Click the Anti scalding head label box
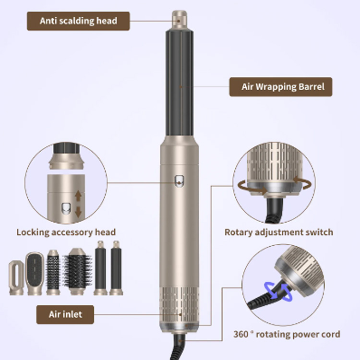coord(78,21)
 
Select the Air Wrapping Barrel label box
coord(281,87)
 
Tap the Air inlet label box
coord(65,314)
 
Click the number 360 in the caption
coord(241,334)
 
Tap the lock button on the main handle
coord(179,181)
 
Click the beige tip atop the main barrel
coord(180,20)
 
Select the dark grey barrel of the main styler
coord(180,83)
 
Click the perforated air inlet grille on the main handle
coord(180,305)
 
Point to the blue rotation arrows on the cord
coord(278,291)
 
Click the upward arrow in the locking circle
coord(78,195)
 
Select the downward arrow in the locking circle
coord(78,212)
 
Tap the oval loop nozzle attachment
coord(16,277)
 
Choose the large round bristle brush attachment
coord(77,271)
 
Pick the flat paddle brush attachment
coord(35,274)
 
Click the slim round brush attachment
coord(53,272)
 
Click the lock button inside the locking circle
coord(66,208)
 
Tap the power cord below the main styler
coord(178,346)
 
